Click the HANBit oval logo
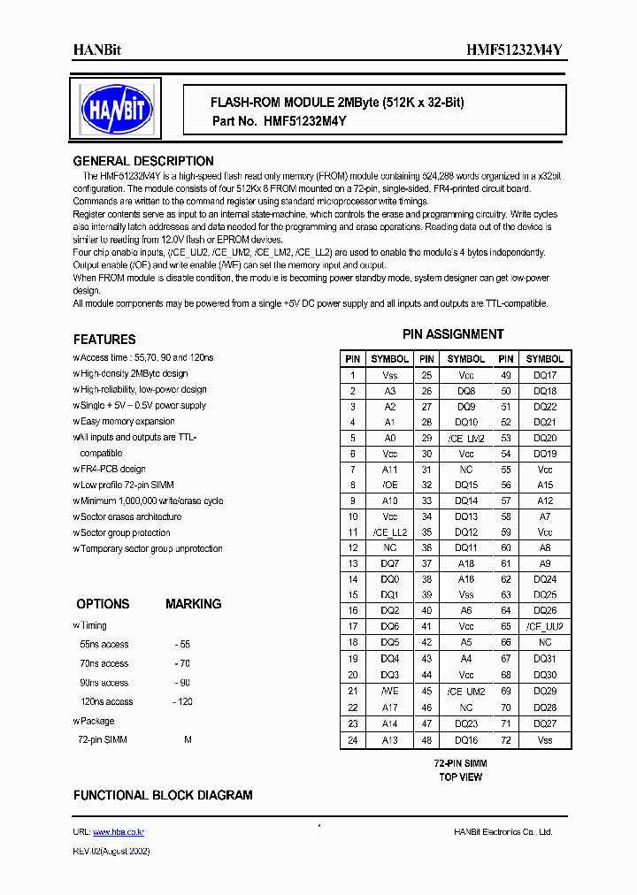[x=117, y=110]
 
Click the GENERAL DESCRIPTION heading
[x=142, y=161]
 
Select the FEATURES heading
[x=104, y=340]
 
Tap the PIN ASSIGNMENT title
[x=453, y=334]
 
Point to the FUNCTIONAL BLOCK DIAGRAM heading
[x=163, y=795]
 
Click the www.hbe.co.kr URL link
[x=119, y=832]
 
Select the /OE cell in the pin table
[x=389, y=486]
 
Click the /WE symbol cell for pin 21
[x=389, y=692]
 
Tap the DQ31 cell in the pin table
[x=544, y=659]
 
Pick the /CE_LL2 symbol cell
[x=389, y=532]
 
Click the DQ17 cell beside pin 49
[x=544, y=375]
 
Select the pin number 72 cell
[x=505, y=739]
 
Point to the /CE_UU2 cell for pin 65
[x=544, y=627]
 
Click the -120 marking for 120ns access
[x=182, y=702]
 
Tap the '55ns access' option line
[x=104, y=645]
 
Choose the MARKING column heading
[x=193, y=604]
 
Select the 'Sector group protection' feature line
[x=125, y=533]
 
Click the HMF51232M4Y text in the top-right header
[x=514, y=50]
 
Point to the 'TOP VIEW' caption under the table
[x=460, y=777]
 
